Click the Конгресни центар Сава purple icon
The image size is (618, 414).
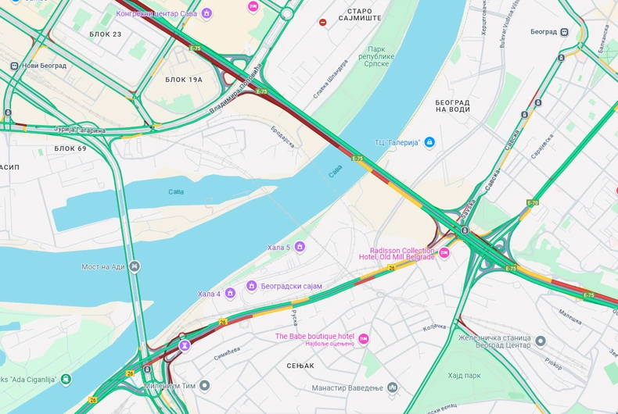(x=207, y=13)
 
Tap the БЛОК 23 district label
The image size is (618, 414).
(x=106, y=34)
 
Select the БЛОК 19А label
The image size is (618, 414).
(x=184, y=80)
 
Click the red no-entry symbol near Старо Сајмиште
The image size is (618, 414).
(x=323, y=22)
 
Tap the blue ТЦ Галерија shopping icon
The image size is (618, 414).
(x=429, y=142)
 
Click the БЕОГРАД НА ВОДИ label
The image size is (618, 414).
(x=452, y=105)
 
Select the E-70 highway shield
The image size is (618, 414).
(x=533, y=203)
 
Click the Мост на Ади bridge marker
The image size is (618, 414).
(x=135, y=266)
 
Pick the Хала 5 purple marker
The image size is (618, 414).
(x=299, y=247)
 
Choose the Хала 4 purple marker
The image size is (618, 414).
(x=230, y=294)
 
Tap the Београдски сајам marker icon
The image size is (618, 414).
(x=252, y=286)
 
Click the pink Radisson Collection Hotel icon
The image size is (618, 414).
(x=444, y=252)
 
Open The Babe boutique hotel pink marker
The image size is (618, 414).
(x=363, y=337)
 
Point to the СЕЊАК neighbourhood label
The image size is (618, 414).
(x=300, y=365)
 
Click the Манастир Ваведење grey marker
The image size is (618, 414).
(x=393, y=387)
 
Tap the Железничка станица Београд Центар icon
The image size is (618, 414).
(x=541, y=341)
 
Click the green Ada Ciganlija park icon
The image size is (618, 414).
(x=66, y=380)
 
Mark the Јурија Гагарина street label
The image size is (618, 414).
(x=79, y=130)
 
